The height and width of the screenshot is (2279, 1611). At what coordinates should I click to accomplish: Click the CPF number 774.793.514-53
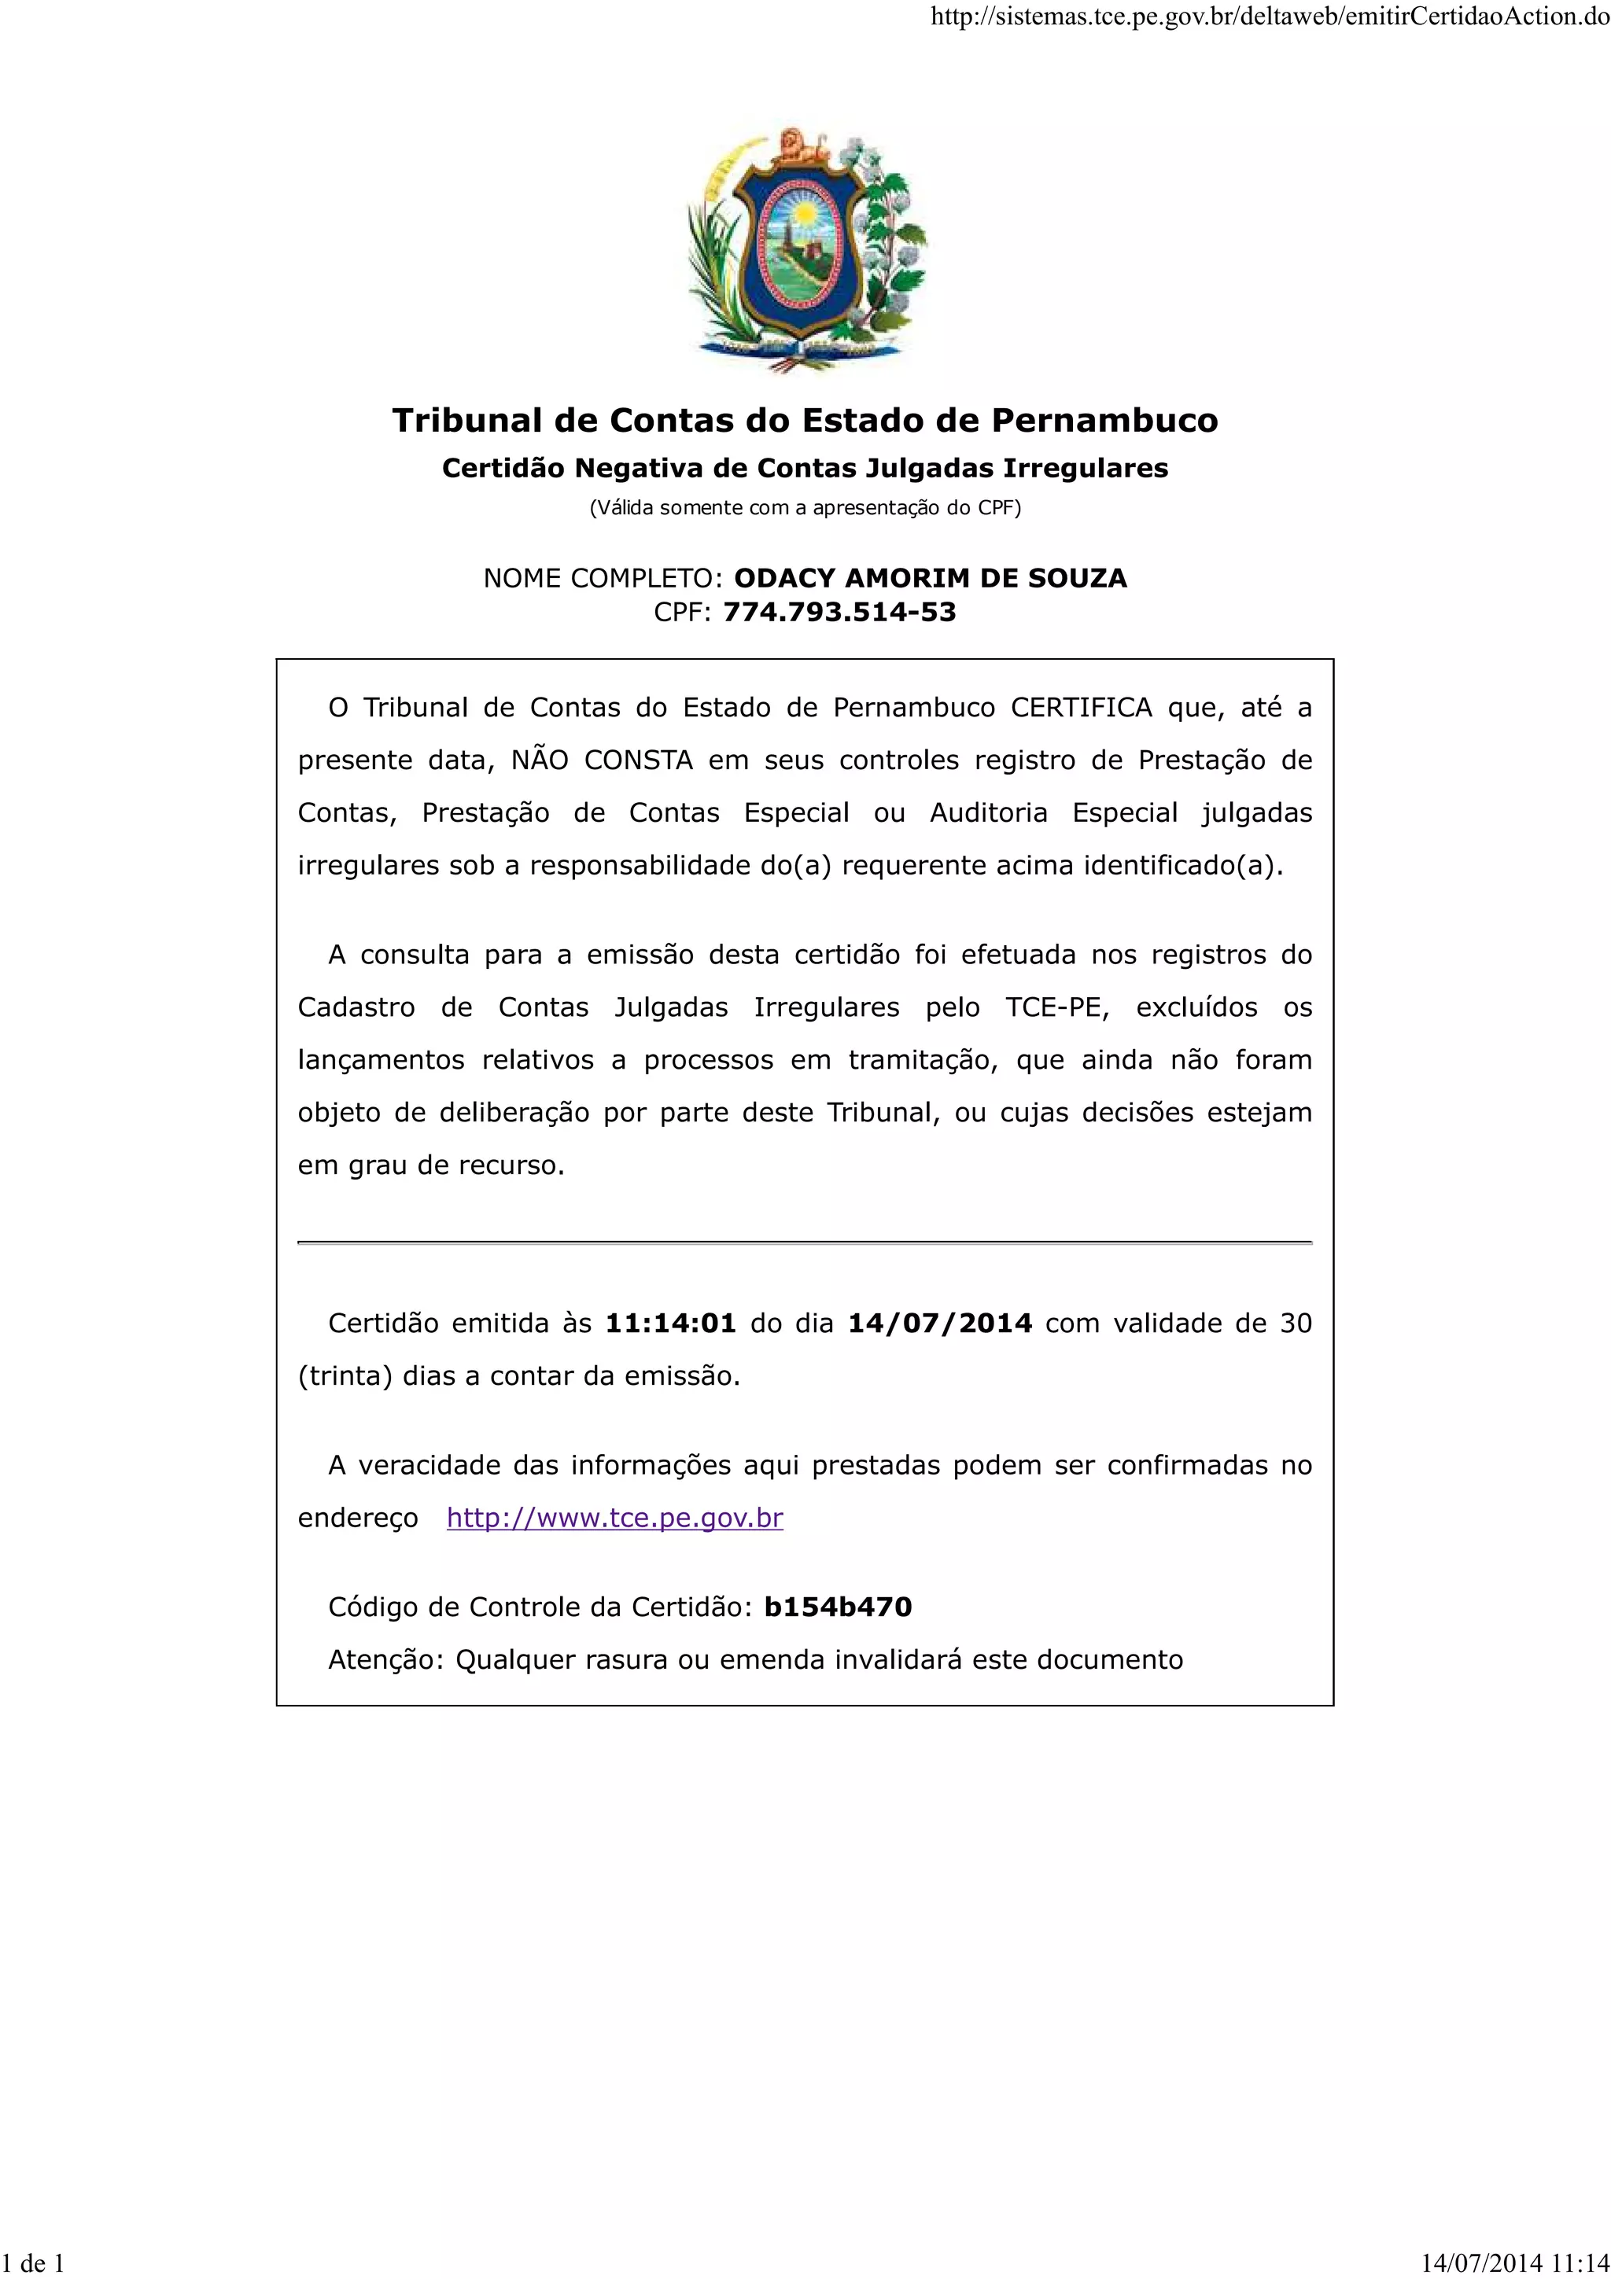click(839, 613)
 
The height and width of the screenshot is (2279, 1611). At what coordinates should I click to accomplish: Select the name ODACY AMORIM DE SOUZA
click(930, 578)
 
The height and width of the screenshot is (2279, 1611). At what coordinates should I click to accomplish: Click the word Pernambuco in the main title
click(1104, 420)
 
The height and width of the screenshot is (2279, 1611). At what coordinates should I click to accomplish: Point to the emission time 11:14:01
click(671, 1324)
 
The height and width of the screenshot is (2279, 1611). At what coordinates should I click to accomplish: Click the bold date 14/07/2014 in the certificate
click(940, 1324)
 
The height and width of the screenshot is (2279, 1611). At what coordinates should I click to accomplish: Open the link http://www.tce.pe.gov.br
click(614, 1518)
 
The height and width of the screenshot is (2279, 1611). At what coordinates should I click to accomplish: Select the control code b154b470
click(838, 1607)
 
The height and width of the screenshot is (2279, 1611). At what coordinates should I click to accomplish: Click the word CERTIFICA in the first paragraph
click(1081, 708)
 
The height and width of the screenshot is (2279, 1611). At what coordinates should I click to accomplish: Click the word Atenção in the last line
click(385, 1659)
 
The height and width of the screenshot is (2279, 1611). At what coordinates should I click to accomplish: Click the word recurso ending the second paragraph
click(511, 1165)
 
